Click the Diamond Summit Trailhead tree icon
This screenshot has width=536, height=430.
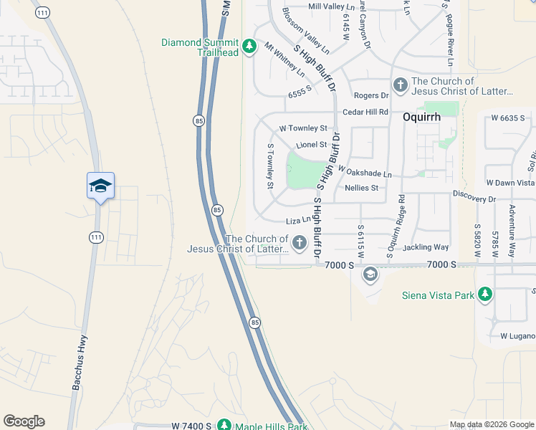[249, 47]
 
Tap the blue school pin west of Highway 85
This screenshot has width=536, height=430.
[100, 186]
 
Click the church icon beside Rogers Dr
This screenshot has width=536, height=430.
[400, 85]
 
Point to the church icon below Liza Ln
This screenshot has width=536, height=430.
[299, 244]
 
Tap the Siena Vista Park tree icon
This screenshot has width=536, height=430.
[485, 294]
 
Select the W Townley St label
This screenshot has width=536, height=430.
[302, 128]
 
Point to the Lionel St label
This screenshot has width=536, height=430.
[311, 145]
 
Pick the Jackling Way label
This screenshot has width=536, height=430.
[426, 247]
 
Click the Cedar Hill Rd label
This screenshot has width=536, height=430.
[365, 112]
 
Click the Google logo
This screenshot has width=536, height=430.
[24, 421]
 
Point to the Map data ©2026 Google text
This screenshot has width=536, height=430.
[492, 424]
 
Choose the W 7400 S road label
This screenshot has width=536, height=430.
[191, 426]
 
